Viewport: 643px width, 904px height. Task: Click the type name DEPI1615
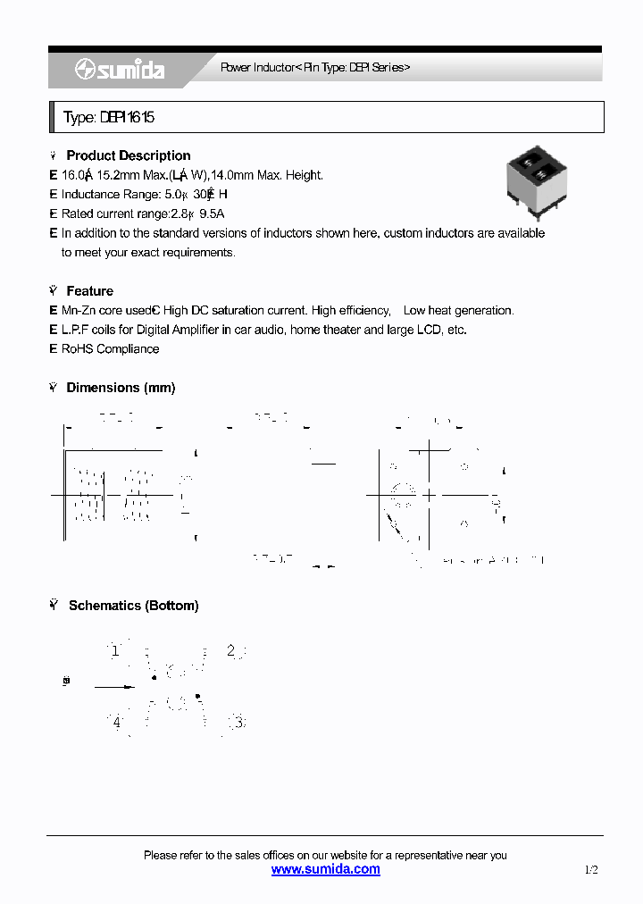[113, 118]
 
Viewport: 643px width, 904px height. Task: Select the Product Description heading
[128, 155]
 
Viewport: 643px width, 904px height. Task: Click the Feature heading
[89, 291]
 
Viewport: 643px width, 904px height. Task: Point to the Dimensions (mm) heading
[121, 388]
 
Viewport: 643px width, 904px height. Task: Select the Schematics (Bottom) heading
[133, 606]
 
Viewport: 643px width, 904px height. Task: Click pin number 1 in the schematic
[114, 650]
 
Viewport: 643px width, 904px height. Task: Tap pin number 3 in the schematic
[238, 722]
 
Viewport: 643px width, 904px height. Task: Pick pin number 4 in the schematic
[116, 722]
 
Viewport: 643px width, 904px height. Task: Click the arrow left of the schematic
[113, 686]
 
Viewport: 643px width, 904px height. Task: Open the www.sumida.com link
[325, 869]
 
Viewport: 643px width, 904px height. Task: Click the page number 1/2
[591, 869]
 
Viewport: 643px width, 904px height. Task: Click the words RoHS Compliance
[110, 349]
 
